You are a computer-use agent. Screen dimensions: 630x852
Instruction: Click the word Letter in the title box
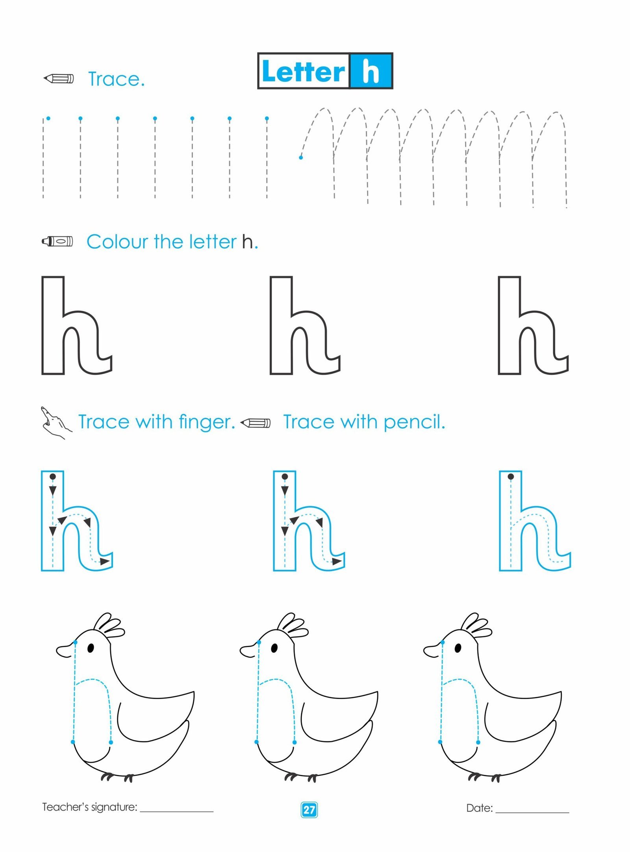tap(303, 72)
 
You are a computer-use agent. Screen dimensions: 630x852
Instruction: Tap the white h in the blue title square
tap(371, 71)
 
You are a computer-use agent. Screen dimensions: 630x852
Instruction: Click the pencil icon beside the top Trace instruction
tap(58, 78)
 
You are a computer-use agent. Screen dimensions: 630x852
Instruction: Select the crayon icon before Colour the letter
tap(57, 241)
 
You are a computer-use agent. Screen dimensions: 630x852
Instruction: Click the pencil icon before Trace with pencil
tap(255, 423)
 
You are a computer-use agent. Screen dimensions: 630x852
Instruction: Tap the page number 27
tap(309, 809)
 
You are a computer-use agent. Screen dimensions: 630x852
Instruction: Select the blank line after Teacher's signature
tap(177, 811)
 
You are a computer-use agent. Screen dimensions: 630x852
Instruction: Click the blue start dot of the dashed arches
tap(301, 158)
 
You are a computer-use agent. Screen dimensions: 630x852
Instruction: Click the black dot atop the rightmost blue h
tap(511, 477)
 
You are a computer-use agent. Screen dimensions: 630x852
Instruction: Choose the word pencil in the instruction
tap(414, 422)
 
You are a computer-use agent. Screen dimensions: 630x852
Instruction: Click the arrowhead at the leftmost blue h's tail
tap(105, 561)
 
